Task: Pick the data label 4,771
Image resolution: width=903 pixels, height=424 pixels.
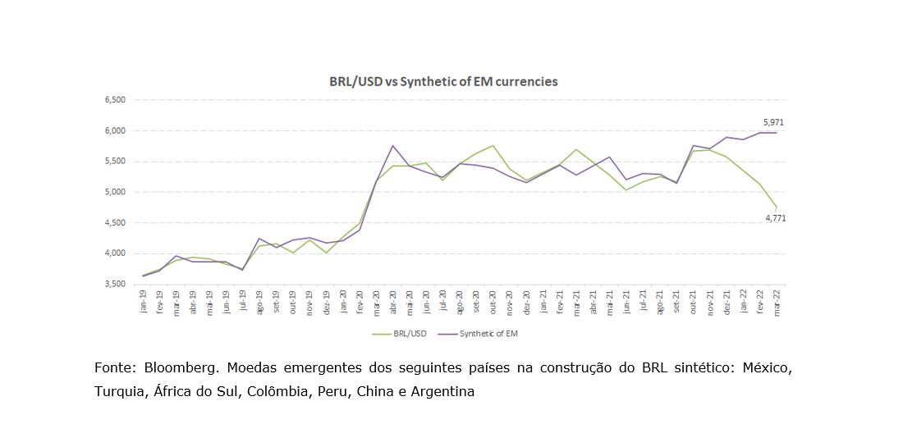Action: (x=775, y=218)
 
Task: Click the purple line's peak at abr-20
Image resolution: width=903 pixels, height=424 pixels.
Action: (x=393, y=146)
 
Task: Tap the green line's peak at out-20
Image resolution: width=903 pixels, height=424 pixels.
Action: (x=493, y=146)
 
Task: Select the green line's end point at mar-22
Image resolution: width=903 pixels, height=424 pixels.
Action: (x=777, y=207)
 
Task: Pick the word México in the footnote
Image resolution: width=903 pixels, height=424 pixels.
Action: (x=767, y=368)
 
